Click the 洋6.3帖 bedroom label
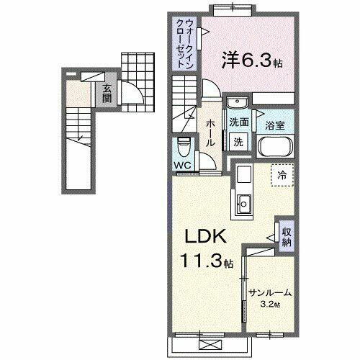(252, 62)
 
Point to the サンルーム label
(269, 293)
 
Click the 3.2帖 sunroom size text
(270, 304)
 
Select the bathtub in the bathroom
(274, 146)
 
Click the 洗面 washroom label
(240, 122)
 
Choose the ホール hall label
(210, 134)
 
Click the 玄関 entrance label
(107, 93)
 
